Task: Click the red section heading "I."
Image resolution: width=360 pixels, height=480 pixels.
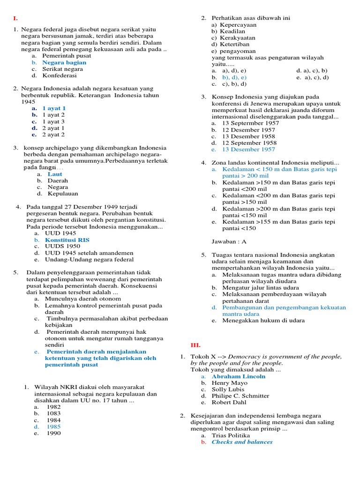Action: coord(15,18)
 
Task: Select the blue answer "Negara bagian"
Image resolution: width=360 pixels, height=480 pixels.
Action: coord(64,62)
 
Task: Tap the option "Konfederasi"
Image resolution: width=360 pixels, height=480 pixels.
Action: coord(60,75)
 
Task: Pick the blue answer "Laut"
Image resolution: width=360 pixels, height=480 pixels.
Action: coord(55,174)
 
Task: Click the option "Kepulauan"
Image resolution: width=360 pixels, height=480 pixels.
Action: coord(63,194)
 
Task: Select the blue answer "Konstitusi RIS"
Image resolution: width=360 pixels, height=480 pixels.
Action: coord(67,240)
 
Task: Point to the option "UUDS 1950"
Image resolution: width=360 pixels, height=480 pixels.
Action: coord(62,246)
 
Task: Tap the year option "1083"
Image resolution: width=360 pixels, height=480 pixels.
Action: coord(53,414)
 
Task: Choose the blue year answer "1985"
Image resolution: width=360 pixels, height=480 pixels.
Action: coord(53,427)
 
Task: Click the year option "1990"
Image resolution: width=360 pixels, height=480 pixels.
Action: coord(53,434)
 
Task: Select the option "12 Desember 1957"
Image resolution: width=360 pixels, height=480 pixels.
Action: coord(248,130)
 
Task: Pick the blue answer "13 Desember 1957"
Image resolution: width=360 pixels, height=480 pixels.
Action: coord(248,150)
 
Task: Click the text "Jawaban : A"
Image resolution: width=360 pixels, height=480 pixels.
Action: coord(229,242)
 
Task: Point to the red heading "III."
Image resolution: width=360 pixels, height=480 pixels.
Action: coord(195,345)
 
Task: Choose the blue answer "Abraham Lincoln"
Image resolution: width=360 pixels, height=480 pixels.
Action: coord(238,376)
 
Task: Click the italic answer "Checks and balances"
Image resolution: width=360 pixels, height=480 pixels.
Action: coord(242,442)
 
